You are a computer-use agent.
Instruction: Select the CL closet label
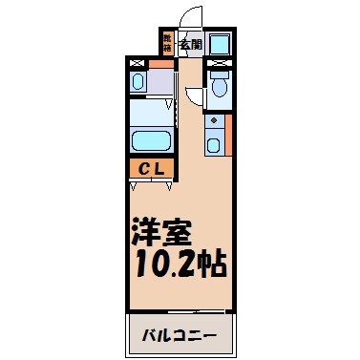point(151,169)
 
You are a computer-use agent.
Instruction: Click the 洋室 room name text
point(161,233)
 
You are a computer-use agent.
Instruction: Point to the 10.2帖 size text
point(179,264)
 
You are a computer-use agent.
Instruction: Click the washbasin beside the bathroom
point(137,83)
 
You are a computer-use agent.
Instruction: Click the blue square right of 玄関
point(219,43)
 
